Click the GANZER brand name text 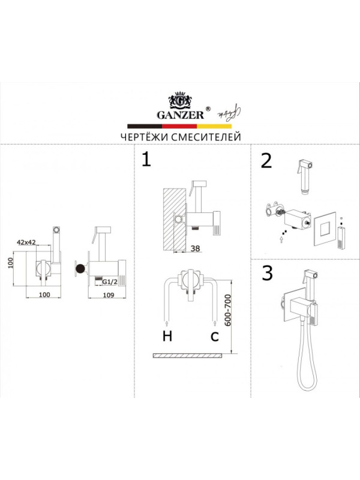181,115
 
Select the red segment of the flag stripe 179,126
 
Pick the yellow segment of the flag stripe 214,126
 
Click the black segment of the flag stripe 145,126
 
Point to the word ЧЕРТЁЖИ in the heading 143,137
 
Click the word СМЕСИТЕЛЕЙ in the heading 206,137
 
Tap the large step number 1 146,160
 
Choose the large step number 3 267,273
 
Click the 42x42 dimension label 26,242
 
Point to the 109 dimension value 109,295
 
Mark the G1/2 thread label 110,281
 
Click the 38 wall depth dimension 196,248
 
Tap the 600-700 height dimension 227,310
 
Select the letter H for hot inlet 167,336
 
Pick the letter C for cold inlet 215,337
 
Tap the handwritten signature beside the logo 229,113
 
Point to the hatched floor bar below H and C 187,355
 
